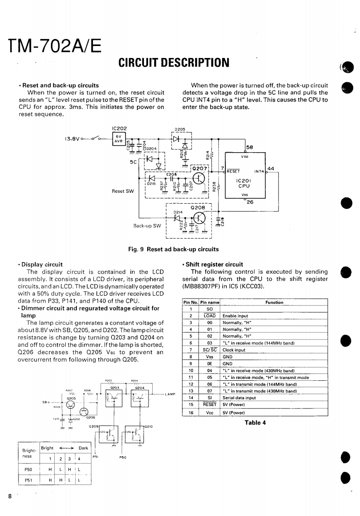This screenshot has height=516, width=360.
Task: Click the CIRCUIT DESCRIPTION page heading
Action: click(174, 62)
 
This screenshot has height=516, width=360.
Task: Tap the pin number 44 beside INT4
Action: click(270, 168)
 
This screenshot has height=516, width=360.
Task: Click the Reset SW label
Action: click(122, 190)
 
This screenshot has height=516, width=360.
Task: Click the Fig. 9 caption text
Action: click(173, 249)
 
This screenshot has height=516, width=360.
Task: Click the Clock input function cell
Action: click(234, 350)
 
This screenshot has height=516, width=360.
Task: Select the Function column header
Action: click(274, 302)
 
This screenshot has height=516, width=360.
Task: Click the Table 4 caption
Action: click(255, 423)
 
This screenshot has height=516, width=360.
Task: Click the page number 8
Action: click(10, 496)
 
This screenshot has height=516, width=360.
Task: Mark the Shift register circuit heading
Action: click(214, 264)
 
